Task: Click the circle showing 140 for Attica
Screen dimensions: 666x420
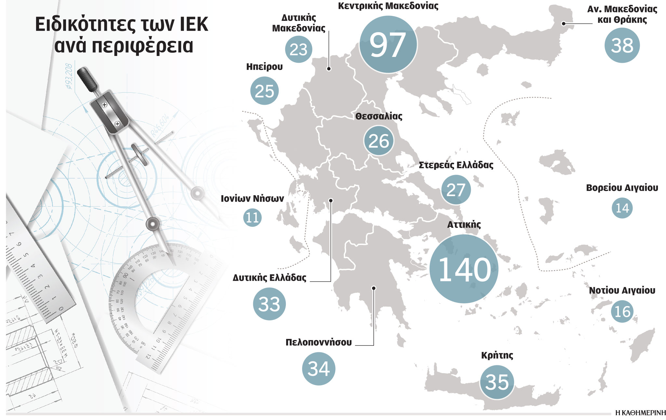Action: (464, 269)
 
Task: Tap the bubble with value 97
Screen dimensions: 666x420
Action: (388, 45)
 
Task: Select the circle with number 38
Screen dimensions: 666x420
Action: (622, 45)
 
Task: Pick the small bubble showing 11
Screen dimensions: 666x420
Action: (252, 217)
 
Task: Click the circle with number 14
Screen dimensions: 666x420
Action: (622, 208)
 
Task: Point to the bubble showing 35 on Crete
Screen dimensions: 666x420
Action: (497, 382)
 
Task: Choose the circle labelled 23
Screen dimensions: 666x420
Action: (299, 49)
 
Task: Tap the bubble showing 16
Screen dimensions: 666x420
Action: (622, 312)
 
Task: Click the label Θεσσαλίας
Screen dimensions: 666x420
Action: (379, 116)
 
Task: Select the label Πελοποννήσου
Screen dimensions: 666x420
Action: (318, 342)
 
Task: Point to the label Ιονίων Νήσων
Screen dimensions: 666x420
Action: (252, 198)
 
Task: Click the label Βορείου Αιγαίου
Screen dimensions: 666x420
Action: (622, 188)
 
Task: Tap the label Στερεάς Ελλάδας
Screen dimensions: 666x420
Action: (456, 165)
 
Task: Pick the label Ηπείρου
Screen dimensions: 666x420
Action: (264, 67)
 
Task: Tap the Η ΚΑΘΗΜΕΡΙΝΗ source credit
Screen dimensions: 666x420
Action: (640, 413)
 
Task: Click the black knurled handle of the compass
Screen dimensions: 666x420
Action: (87, 79)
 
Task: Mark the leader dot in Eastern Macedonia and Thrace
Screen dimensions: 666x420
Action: (564, 23)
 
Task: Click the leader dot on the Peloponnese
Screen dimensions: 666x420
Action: (374, 288)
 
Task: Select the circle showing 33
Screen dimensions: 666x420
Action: (269, 304)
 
